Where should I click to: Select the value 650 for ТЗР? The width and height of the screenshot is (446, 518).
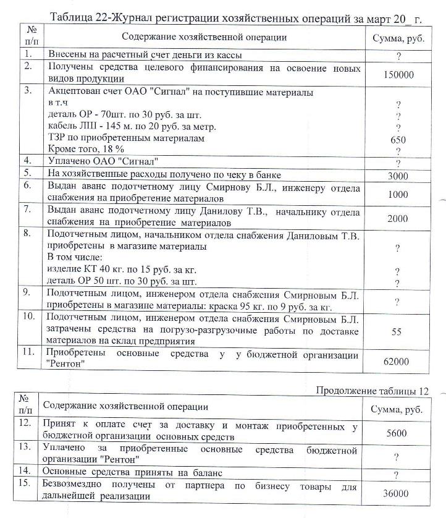[398, 140]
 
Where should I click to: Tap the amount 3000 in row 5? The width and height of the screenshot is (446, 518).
[398, 176]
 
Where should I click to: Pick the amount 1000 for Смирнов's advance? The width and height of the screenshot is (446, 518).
[398, 194]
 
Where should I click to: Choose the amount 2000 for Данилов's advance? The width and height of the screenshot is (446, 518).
[398, 218]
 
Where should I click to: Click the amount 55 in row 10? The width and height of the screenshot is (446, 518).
[397, 332]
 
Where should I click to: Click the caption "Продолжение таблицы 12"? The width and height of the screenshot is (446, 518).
[372, 391]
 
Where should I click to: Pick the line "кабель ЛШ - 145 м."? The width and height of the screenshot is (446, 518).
[105, 127]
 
